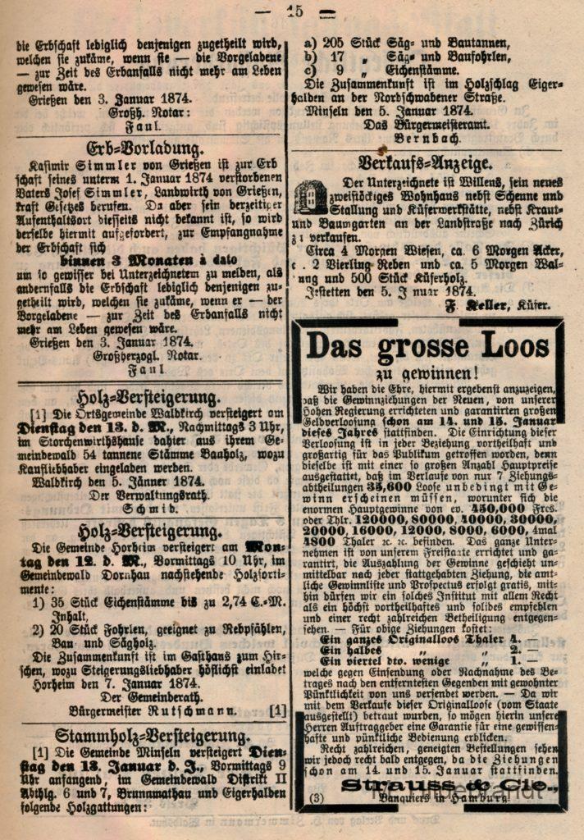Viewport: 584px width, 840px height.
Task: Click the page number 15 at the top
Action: [x=294, y=11]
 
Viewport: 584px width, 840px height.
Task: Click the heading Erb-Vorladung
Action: [x=146, y=148]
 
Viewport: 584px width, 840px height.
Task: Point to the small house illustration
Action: [x=311, y=198]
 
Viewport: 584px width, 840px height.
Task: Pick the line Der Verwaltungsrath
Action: [x=148, y=495]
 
